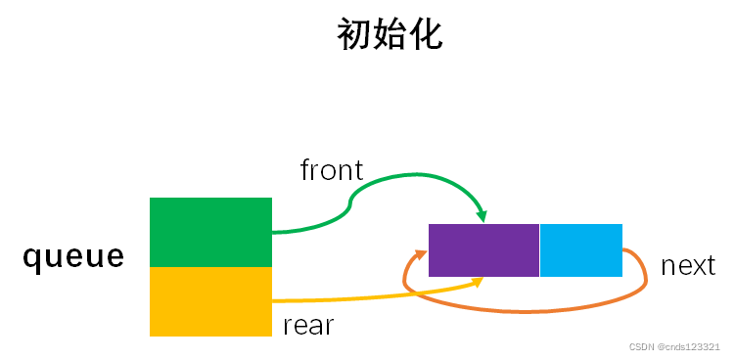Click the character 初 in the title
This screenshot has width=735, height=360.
pyautogui.click(x=354, y=35)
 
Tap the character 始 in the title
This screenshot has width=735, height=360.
pyautogui.click(x=390, y=35)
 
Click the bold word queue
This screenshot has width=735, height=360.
pyautogui.click(x=74, y=257)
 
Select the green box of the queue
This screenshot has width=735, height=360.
pyautogui.click(x=210, y=232)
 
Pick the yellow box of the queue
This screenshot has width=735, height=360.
pyautogui.click(x=210, y=301)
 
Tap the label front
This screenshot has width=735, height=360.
pyautogui.click(x=332, y=170)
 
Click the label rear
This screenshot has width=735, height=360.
pyautogui.click(x=308, y=326)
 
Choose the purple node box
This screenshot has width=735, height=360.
pyautogui.click(x=483, y=250)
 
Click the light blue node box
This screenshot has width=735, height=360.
pyautogui.click(x=580, y=250)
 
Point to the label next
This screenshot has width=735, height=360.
pyautogui.click(x=688, y=265)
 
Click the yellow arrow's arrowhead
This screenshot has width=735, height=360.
pyautogui.click(x=479, y=282)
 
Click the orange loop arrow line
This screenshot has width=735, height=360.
pyautogui.click(x=528, y=311)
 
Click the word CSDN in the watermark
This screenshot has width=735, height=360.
pyautogui.click(x=642, y=347)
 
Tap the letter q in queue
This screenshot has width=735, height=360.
pyautogui.click(x=31, y=259)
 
